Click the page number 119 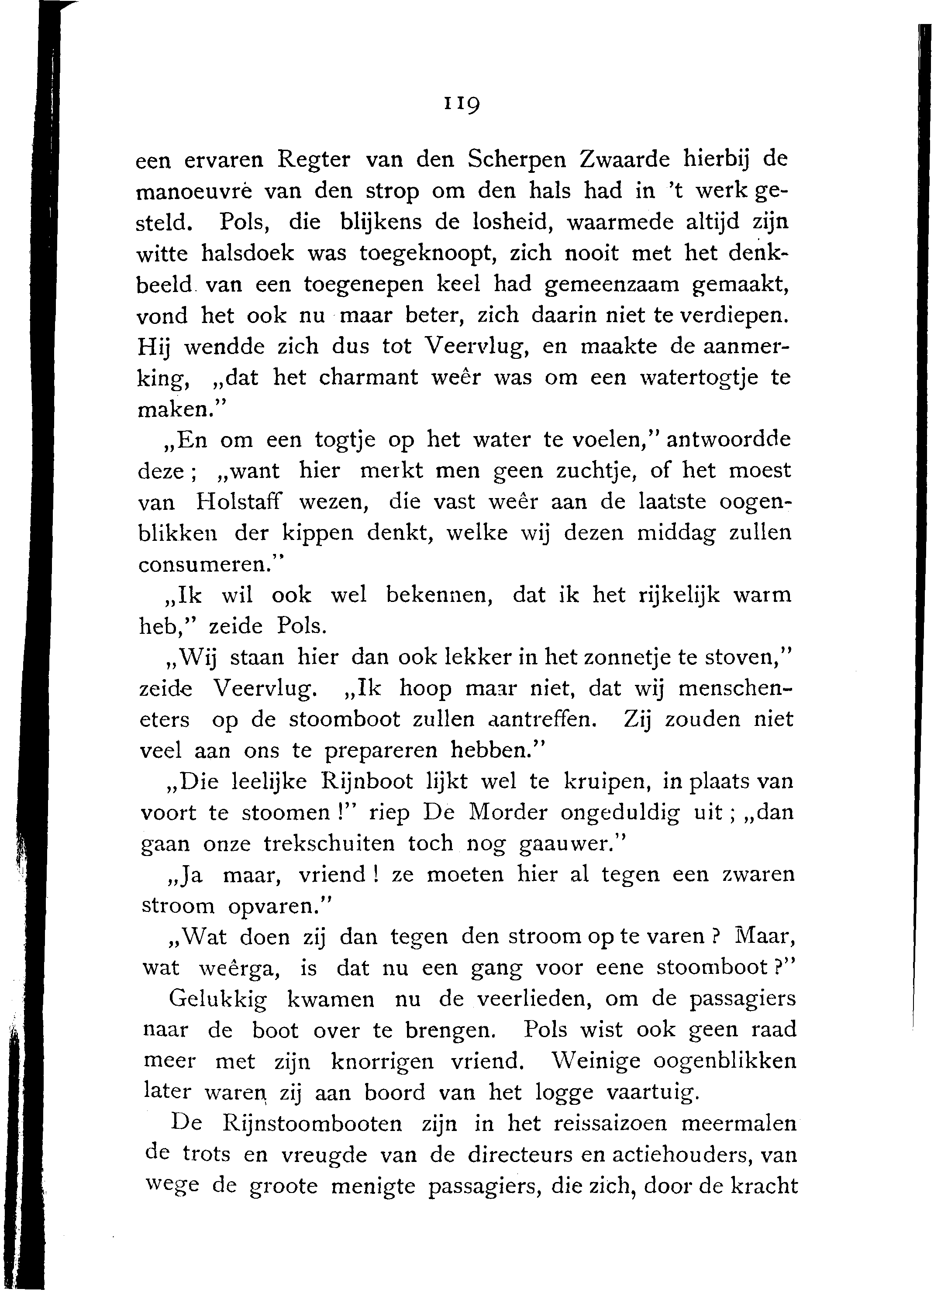(x=462, y=104)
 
